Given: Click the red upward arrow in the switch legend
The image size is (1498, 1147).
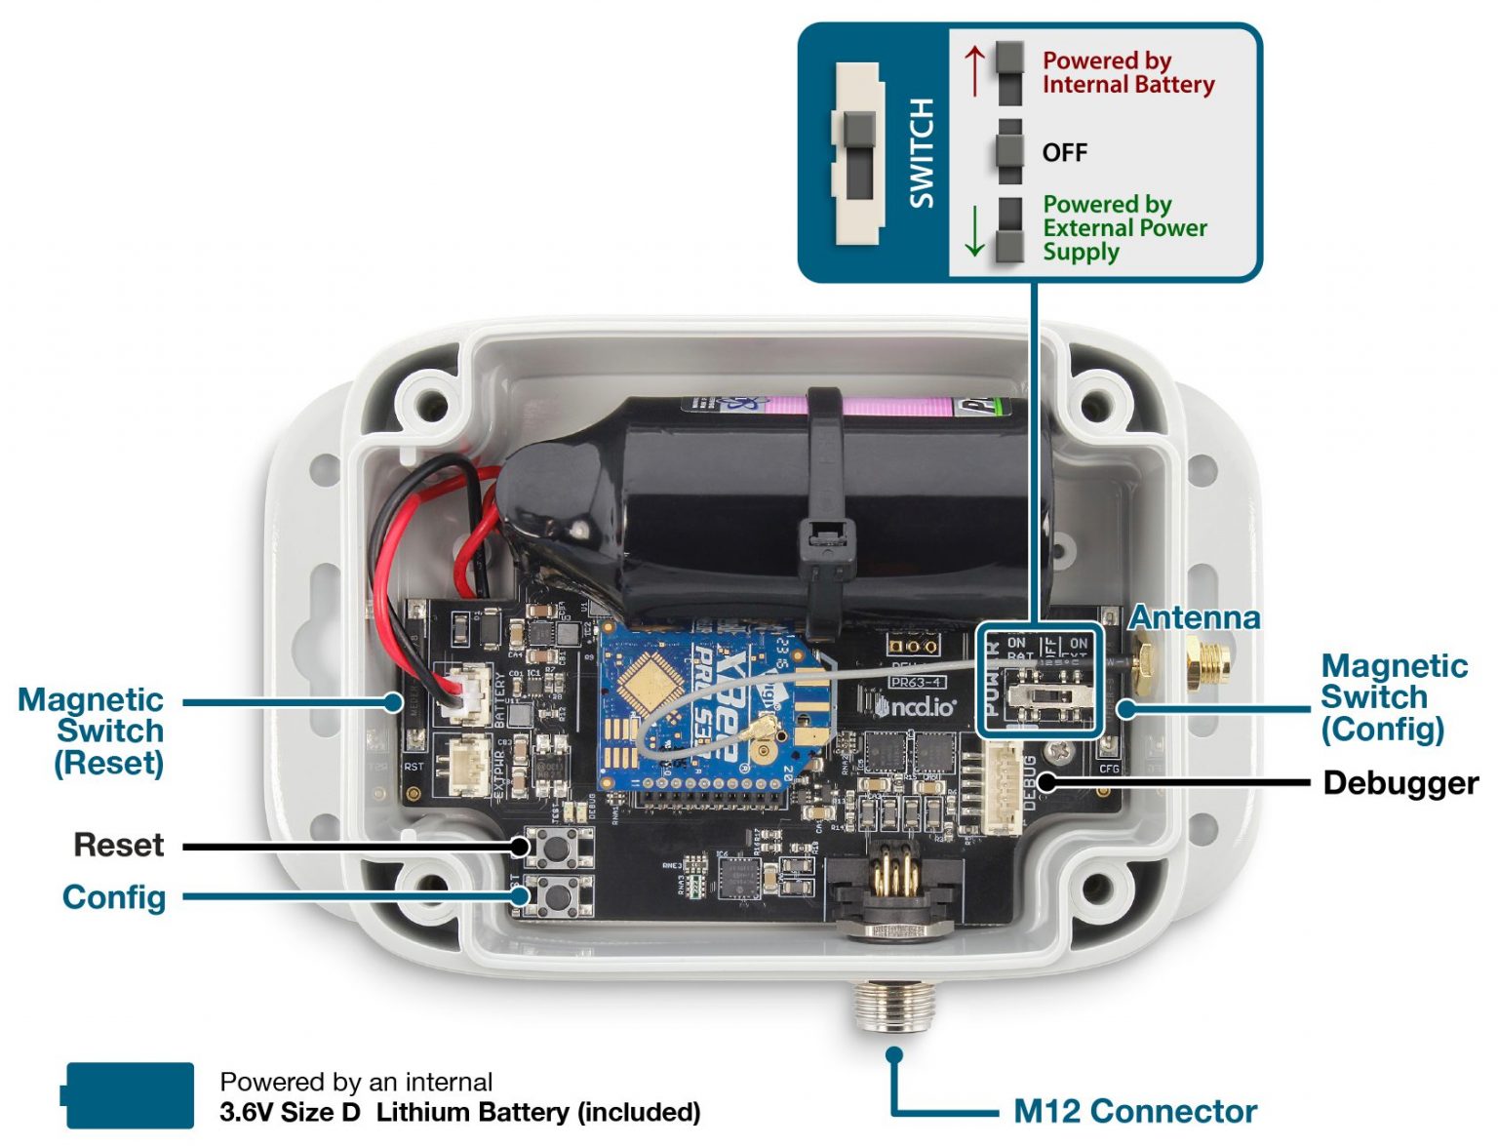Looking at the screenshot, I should [974, 71].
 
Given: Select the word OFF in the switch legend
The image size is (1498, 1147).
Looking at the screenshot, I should [1064, 153].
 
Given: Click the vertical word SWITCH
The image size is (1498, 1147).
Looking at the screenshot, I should [921, 153].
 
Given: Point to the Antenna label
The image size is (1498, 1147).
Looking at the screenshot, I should [1194, 617].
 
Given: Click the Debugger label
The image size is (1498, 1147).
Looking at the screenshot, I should [1399, 783].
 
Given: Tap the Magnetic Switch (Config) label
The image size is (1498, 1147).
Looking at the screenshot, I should [1393, 697].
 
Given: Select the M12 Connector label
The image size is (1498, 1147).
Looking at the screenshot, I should [1134, 1111].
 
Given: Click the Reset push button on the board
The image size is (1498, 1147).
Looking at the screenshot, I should [556, 848].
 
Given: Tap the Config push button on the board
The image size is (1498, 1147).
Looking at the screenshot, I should [556, 894].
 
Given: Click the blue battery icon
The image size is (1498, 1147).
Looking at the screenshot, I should [129, 1095].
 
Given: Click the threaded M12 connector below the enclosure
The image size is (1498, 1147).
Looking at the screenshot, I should [893, 1005].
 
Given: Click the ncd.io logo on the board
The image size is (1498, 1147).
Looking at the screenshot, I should [915, 705].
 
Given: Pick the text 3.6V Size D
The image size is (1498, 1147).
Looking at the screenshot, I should [290, 1113].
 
